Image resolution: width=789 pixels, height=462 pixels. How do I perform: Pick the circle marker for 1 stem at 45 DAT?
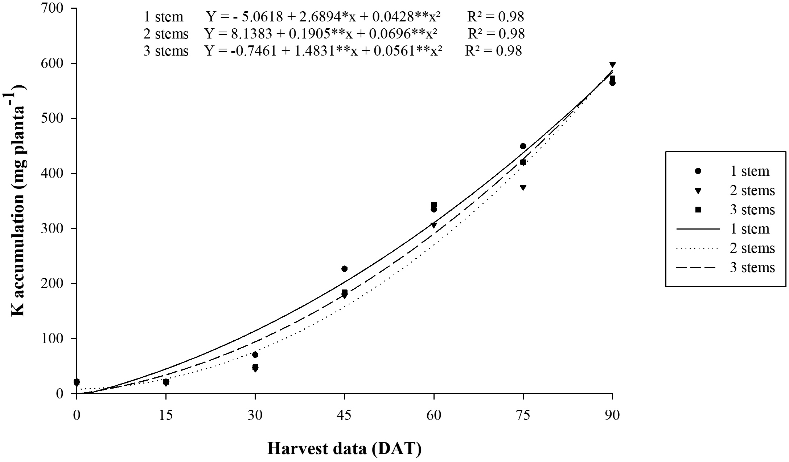pos(344,269)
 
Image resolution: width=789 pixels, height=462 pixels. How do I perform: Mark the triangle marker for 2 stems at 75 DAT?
pos(523,187)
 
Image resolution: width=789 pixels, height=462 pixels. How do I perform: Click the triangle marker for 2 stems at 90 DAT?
pos(612,65)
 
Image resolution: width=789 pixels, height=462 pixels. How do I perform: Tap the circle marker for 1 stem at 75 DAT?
pos(523,146)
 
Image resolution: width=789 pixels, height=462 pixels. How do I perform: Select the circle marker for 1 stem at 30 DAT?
pos(255,354)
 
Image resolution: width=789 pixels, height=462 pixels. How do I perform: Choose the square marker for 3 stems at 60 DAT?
pos(433,205)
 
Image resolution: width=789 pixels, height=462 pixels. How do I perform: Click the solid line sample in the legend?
pos(698,229)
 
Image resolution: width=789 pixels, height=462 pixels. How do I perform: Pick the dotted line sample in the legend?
pos(698,248)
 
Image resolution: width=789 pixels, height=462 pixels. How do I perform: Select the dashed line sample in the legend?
pos(698,268)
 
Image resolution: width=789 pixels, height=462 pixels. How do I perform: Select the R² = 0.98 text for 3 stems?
pos(494,51)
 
